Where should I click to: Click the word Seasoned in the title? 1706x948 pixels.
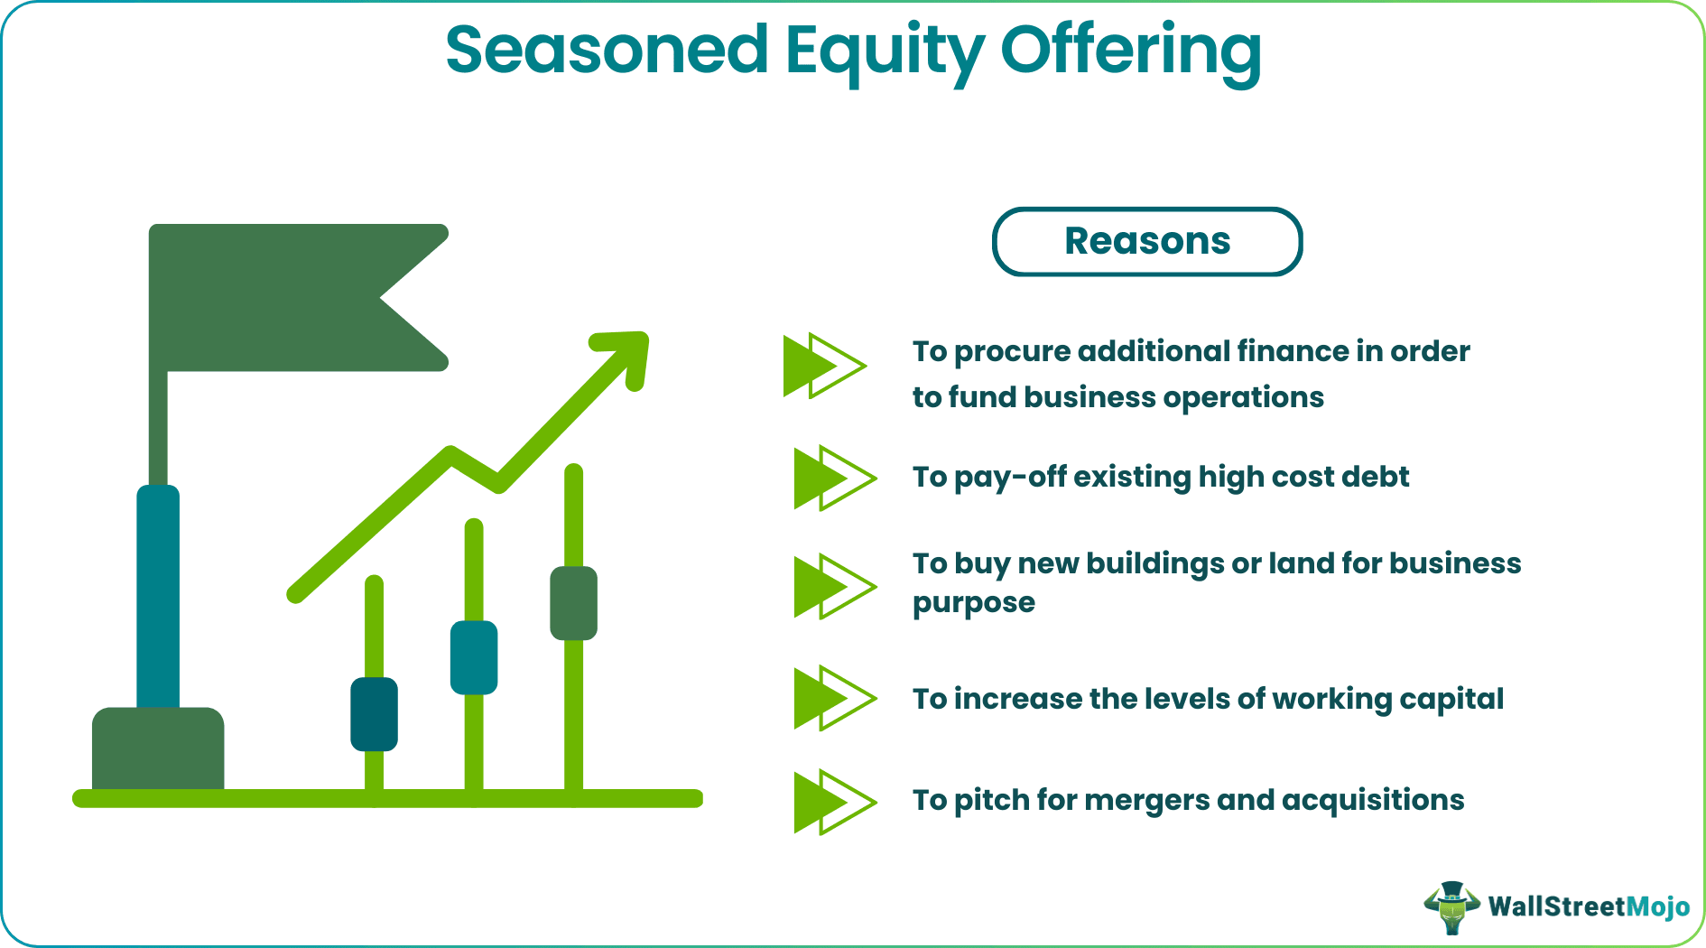tap(607, 51)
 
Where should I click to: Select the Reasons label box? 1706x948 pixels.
tap(1146, 242)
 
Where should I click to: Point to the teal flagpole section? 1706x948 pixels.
tap(158, 596)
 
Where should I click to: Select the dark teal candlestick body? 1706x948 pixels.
tap(374, 714)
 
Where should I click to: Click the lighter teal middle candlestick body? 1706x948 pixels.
tap(474, 657)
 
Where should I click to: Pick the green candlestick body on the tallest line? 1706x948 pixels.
tap(573, 603)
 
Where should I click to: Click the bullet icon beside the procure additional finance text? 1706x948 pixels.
tap(823, 366)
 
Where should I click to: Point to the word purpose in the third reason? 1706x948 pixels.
tap(973, 603)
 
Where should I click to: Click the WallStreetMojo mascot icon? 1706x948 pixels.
tap(1451, 906)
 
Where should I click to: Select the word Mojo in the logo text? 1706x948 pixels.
tap(1657, 906)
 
